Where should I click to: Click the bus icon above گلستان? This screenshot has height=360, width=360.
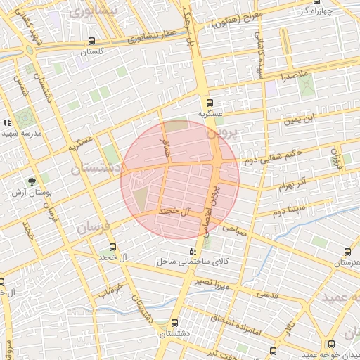pos(92,41)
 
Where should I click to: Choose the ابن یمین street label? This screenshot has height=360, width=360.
pos(300,119)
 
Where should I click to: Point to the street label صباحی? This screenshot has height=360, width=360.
pos(235,228)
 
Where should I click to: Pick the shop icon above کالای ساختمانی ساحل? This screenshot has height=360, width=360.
pos(193,251)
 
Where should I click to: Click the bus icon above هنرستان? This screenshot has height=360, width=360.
pos(347,252)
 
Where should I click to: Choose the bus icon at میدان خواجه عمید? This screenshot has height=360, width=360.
pos(331,344)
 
